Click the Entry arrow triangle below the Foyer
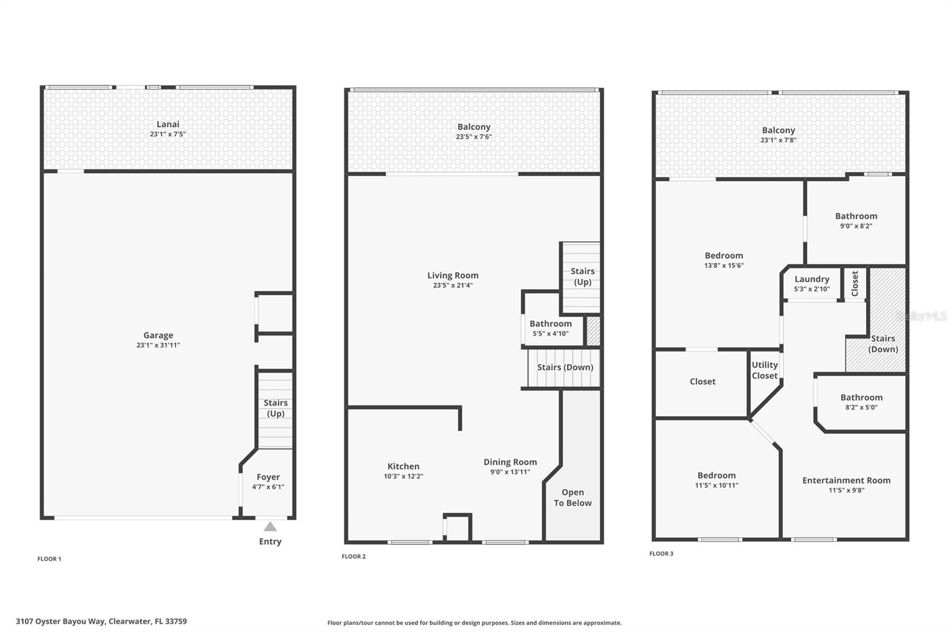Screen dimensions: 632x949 270,526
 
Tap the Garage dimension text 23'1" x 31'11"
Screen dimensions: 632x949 158,345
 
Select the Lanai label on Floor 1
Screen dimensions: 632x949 168,124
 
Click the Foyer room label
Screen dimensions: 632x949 268,477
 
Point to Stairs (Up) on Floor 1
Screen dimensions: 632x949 275,408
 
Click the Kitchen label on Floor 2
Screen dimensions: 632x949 403,467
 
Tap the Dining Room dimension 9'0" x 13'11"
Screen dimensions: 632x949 510,472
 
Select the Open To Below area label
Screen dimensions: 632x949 572,497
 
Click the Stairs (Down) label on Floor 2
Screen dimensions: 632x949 565,367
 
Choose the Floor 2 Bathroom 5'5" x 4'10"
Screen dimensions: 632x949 550,328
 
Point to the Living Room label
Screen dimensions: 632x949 453,275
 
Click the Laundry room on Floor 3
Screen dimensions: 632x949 811,283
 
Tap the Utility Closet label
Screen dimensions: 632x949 765,370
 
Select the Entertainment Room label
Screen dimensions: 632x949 846,480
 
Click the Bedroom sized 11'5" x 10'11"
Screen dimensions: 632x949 716,480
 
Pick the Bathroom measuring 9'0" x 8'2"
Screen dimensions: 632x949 856,220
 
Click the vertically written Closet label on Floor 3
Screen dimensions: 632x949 855,283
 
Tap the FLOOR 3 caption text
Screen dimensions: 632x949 661,554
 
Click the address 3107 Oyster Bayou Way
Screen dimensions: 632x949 101,621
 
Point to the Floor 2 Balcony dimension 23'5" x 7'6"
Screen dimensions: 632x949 473,137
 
